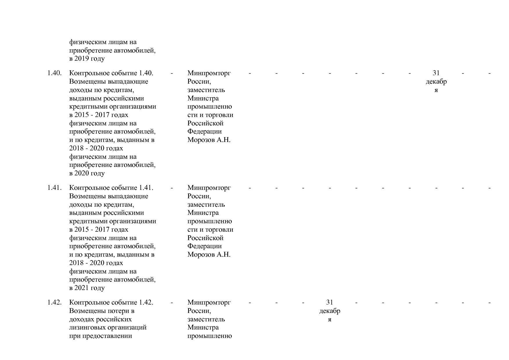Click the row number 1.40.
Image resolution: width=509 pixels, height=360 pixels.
tap(54, 73)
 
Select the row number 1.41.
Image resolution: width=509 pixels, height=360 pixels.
tap(54, 188)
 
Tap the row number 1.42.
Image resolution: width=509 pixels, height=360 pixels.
tap(54, 303)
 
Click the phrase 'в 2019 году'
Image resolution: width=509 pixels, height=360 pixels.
tap(87, 59)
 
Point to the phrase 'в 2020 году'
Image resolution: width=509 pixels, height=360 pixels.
tap(87, 173)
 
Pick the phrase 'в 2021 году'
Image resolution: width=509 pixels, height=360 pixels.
tap(87, 288)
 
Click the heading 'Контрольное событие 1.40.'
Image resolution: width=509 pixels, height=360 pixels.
tap(111, 73)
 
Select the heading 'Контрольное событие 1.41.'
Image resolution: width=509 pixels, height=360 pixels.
tap(111, 188)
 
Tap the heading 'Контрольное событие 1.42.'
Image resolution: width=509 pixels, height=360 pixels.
tap(111, 303)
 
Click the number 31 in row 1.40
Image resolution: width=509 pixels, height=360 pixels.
tap(436, 73)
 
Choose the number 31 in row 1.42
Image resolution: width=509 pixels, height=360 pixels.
tap(330, 303)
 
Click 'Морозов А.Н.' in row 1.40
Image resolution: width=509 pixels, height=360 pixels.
tap(209, 140)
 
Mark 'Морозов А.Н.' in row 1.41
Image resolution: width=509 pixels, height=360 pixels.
tap(209, 255)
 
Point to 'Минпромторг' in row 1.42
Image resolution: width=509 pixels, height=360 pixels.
tap(209, 303)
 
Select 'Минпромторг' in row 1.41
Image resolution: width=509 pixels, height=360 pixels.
tap(209, 188)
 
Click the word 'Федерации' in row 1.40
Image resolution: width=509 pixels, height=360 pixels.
tap(205, 132)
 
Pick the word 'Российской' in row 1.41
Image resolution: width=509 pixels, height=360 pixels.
tap(205, 238)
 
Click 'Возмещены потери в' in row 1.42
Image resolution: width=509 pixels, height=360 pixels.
tap(102, 311)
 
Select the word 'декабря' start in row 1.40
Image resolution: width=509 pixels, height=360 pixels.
tap(436, 82)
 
